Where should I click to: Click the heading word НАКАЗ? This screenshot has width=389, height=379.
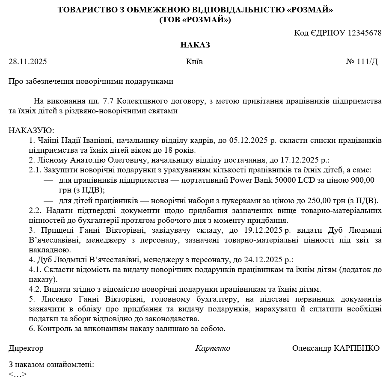(x=195, y=45)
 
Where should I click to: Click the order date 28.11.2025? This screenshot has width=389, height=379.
(x=27, y=62)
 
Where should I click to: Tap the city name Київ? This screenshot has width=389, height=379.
(x=194, y=62)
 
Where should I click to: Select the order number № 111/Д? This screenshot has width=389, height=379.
(x=362, y=62)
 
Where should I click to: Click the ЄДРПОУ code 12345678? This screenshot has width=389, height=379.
(x=365, y=33)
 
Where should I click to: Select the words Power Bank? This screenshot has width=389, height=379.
(x=248, y=180)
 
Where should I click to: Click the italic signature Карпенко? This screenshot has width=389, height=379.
(x=213, y=348)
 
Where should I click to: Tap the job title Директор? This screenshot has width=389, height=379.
(x=26, y=348)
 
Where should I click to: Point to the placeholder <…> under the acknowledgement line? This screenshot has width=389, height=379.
(x=18, y=374)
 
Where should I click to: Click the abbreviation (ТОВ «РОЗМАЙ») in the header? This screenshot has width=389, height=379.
(x=195, y=20)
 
